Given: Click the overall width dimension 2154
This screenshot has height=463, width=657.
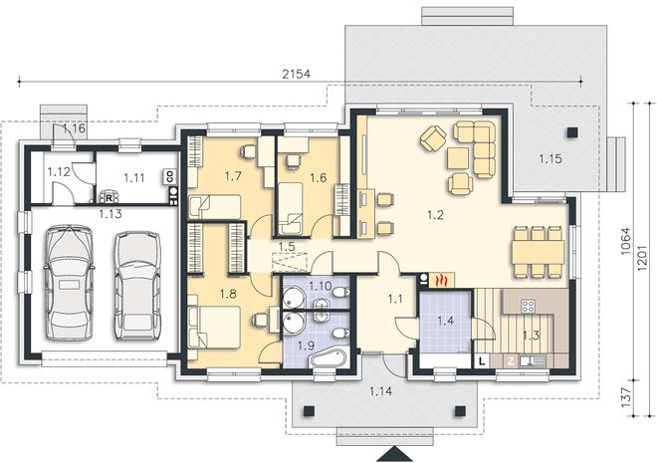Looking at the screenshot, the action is (297, 74).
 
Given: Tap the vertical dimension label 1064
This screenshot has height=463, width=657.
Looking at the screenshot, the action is (625, 241).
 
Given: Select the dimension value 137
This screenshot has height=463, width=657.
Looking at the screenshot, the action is (625, 397).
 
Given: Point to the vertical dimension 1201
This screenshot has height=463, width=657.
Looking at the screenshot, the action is (643, 257).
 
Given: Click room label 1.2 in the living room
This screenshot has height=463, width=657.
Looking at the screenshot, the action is (435, 215).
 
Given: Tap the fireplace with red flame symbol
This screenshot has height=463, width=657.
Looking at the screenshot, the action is (442, 281).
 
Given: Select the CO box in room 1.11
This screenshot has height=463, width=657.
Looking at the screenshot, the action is (169, 177).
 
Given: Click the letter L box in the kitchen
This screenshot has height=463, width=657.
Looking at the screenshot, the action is (482, 360).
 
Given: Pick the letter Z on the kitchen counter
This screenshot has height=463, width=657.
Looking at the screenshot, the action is (511, 361).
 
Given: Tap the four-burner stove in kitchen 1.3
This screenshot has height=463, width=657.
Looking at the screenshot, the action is (528, 306).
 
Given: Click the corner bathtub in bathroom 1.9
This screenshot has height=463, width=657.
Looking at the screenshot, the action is (328, 358).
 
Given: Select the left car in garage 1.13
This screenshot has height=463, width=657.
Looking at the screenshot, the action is (69, 283).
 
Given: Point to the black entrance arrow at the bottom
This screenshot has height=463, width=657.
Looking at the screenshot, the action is (393, 455).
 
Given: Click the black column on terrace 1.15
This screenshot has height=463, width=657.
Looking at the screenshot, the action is (572, 132).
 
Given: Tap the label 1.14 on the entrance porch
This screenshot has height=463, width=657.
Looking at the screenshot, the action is (381, 391).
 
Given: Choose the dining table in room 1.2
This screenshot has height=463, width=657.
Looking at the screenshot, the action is (538, 252).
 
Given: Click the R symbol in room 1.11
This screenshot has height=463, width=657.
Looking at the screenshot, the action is (109, 197).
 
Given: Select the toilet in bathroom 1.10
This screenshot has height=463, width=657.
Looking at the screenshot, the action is (342, 292).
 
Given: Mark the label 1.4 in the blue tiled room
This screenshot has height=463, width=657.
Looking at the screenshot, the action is (446, 322).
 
